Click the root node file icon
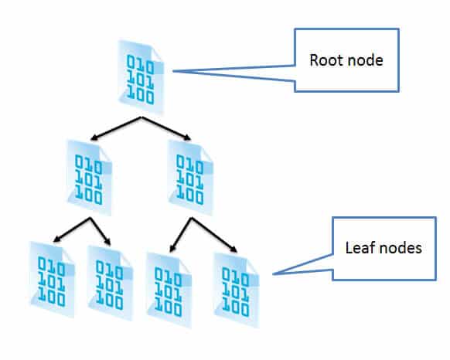point(141,77)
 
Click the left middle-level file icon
point(89,178)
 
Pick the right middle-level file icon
point(190,178)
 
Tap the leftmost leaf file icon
point(53,280)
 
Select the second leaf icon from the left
point(111,284)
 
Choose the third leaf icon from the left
point(169,290)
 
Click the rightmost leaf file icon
point(237,290)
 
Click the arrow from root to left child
point(116,128)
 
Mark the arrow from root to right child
point(166,128)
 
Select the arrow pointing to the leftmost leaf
point(72,229)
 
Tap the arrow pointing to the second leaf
point(101,232)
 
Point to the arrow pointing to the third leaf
point(180,235)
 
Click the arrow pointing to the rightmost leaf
point(214,235)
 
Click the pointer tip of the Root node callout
point(172,71)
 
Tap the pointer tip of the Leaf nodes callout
point(273,274)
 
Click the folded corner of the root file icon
point(157,56)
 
